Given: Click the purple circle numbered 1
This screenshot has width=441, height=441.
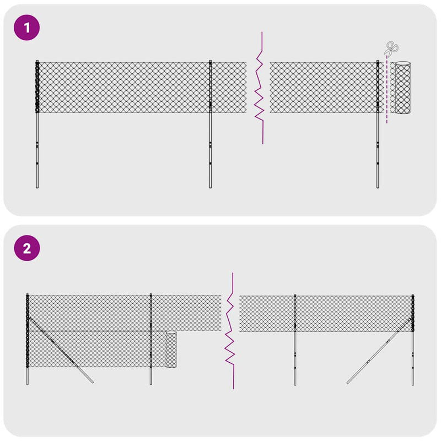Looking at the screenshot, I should coord(27,28).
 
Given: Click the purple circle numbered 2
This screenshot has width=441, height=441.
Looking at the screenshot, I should coord(27,248).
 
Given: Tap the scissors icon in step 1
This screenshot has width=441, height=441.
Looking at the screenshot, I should coord(391,48).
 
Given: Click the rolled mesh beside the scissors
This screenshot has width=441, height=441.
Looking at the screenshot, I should coord(403,88).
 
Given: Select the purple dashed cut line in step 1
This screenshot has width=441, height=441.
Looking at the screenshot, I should coord(387,94).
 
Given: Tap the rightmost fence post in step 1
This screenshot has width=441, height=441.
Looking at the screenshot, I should coord(378,149).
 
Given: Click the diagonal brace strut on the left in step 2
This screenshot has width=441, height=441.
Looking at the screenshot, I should coord(61,350).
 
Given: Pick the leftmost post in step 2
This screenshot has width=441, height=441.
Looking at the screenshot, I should coord(27,358).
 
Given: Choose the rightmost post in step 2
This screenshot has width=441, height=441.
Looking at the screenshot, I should coord(412,358).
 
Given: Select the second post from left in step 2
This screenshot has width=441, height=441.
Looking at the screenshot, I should coord(150,358).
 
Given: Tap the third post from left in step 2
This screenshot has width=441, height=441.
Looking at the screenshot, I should coord(295,358).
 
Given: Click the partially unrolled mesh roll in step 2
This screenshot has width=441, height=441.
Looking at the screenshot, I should coord(170,350).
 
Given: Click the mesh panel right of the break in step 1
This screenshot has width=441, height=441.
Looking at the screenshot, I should coord(322,88).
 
